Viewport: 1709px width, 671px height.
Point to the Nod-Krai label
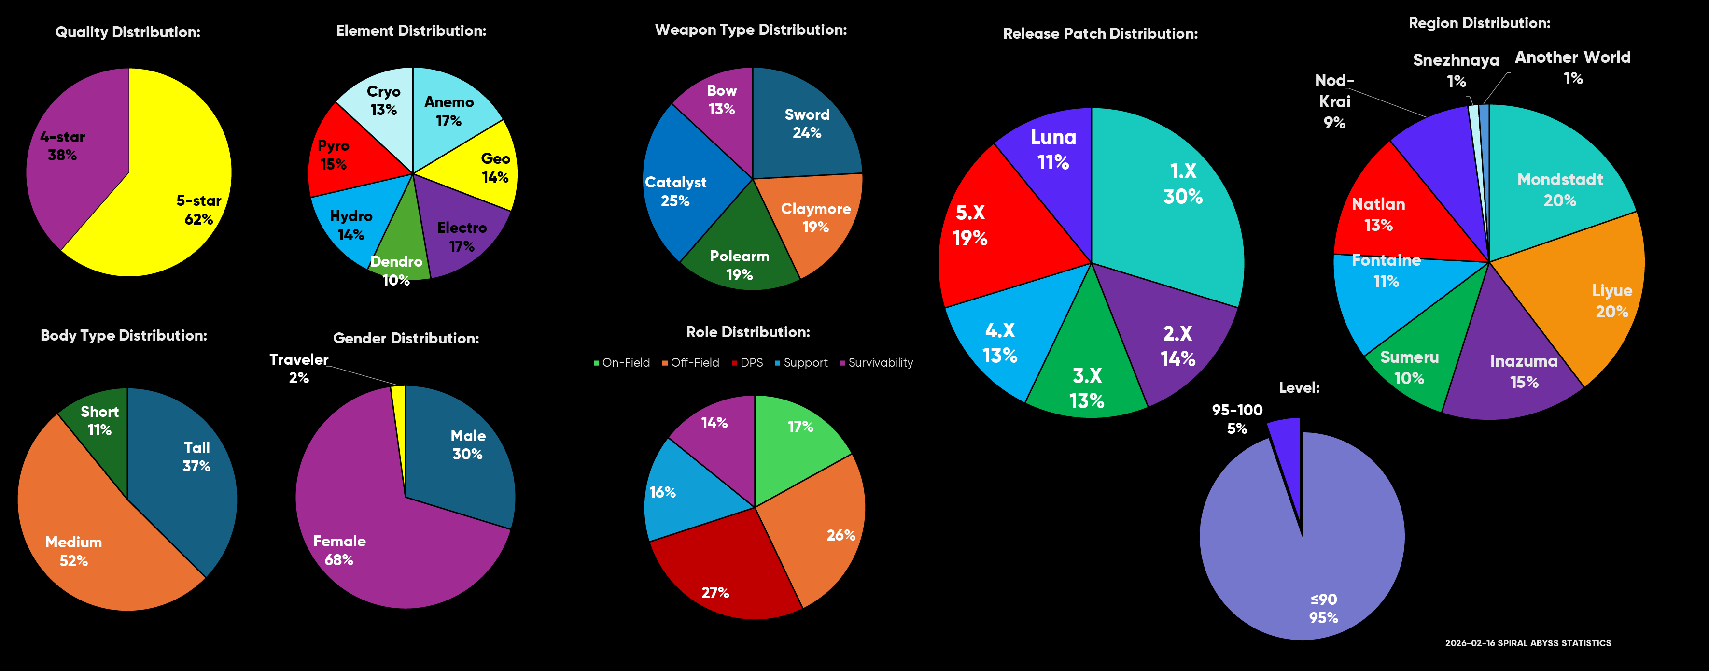point(1334,101)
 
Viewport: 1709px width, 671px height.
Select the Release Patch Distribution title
point(1100,34)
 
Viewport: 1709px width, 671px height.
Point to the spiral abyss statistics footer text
point(1527,643)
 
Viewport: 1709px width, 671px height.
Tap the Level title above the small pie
point(1298,387)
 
